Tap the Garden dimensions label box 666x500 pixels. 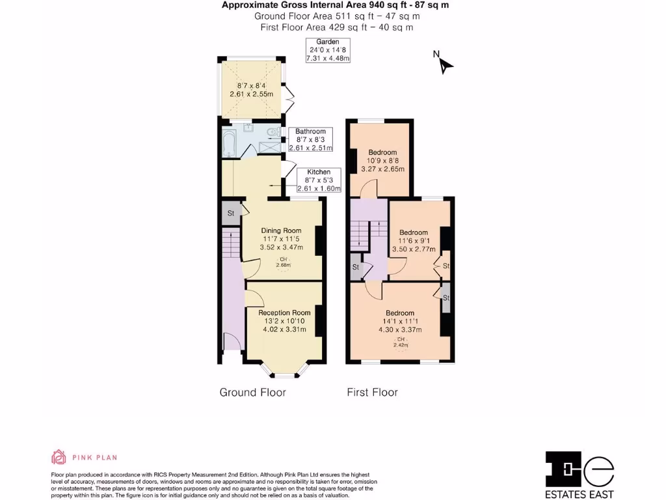[x=328, y=51]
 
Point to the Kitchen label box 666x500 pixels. [x=319, y=180]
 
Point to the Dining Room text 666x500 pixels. [x=281, y=230]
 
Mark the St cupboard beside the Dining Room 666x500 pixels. [x=230, y=213]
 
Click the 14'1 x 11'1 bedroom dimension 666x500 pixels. [x=399, y=321]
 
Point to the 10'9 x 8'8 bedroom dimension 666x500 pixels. [x=382, y=161]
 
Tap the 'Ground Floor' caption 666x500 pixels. [x=252, y=392]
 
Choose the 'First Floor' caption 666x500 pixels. [x=372, y=392]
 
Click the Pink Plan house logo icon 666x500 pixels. [x=59, y=457]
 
